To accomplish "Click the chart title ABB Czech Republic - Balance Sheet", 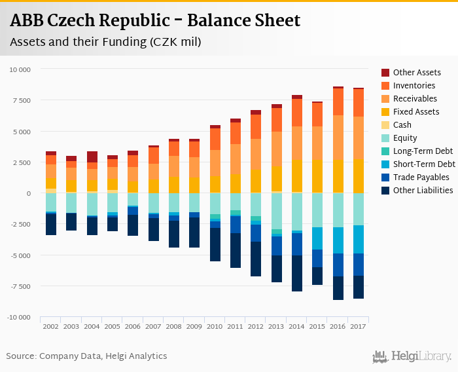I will pos(155,21).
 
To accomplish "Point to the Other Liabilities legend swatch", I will pos(386,191).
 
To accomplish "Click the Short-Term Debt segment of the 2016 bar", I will pos(338,240).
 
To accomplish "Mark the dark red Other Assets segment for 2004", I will pos(92,157).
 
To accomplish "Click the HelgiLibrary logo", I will pos(412,356).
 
